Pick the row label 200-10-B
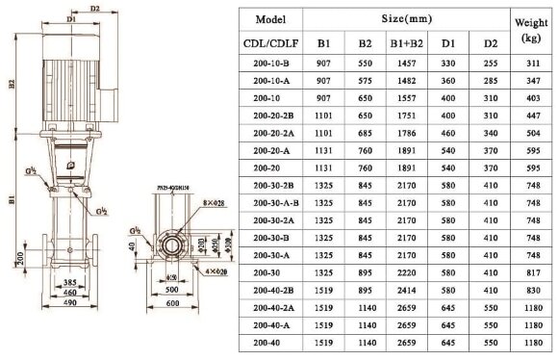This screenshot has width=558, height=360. (x=269, y=63)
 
